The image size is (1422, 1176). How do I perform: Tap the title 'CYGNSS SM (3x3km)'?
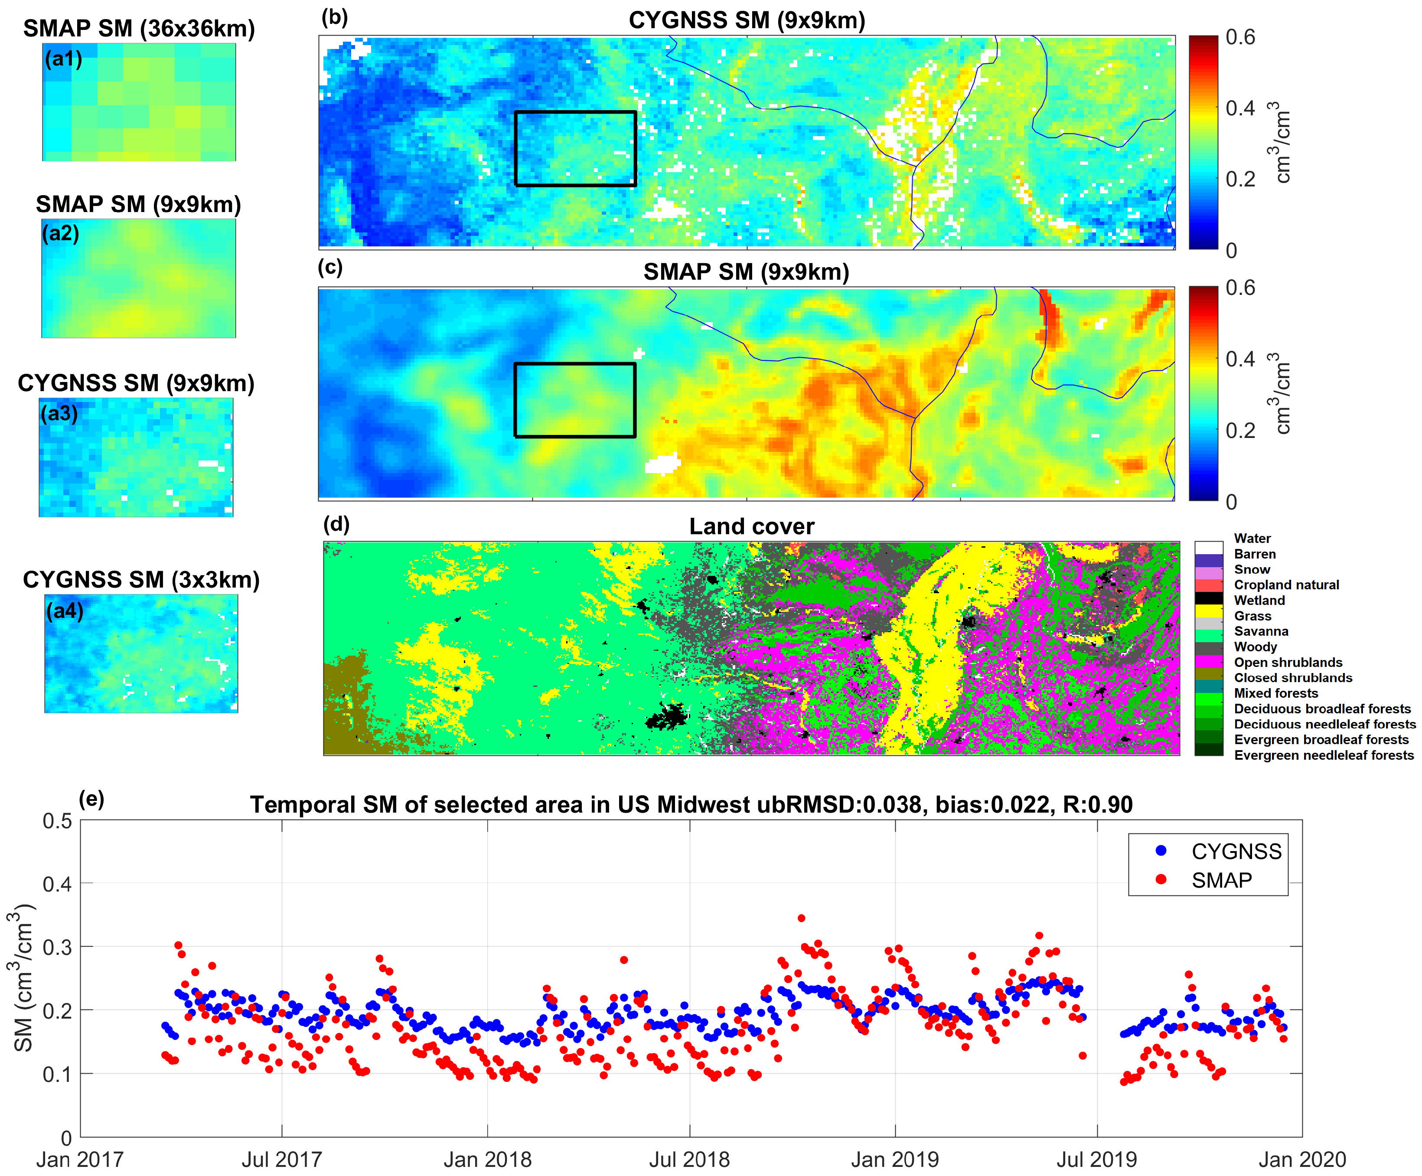pyautogui.click(x=141, y=580)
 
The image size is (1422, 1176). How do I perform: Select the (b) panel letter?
pyautogui.click(x=335, y=17)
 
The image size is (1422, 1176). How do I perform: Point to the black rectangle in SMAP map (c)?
pyautogui.click(x=575, y=364)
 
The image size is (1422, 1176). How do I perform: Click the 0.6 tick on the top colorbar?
pyautogui.click(x=1240, y=37)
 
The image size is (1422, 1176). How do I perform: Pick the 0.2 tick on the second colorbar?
pyautogui.click(x=1240, y=430)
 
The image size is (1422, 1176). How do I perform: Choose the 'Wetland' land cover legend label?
pyautogui.click(x=1259, y=600)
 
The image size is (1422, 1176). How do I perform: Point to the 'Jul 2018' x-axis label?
pyautogui.click(x=689, y=1159)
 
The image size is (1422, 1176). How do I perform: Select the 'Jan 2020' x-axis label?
pyautogui.click(x=1301, y=1159)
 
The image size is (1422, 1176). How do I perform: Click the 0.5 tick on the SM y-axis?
pyautogui.click(x=58, y=821)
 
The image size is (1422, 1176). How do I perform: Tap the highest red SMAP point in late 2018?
pyautogui.click(x=801, y=918)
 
